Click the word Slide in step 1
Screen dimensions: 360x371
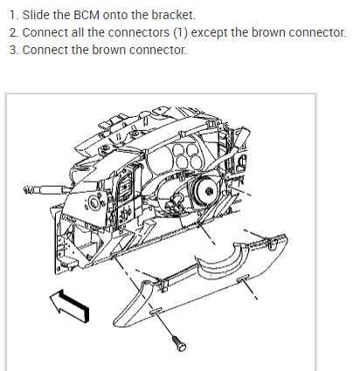click(x=36, y=15)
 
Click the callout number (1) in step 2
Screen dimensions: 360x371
click(x=180, y=32)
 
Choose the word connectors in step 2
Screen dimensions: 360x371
click(x=139, y=32)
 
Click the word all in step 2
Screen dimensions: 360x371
click(x=78, y=32)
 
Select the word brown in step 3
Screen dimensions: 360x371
click(x=109, y=50)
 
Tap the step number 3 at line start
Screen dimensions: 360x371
click(x=14, y=50)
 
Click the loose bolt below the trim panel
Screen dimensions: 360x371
click(x=179, y=343)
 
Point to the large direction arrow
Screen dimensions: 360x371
click(x=70, y=306)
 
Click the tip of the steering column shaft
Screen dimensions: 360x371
click(x=26, y=189)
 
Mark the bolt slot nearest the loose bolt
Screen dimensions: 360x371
click(x=156, y=311)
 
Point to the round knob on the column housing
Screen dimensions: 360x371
click(x=93, y=203)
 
